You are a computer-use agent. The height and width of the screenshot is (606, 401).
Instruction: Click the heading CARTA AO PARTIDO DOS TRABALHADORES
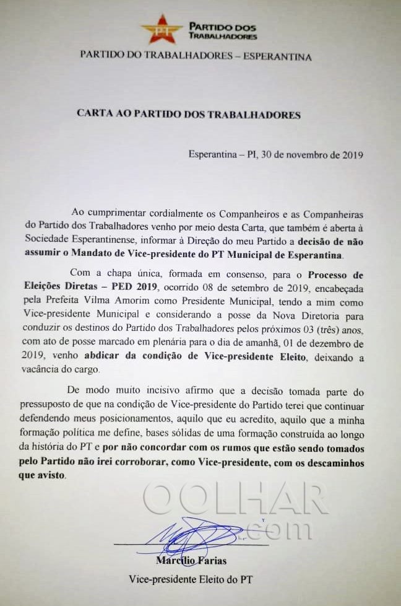coord(189,114)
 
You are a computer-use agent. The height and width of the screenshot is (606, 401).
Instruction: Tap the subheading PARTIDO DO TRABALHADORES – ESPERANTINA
coord(196,56)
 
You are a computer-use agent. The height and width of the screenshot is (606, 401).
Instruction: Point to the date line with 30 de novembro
coord(276,154)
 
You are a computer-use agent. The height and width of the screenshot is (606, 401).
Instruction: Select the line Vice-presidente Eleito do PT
coord(191,580)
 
